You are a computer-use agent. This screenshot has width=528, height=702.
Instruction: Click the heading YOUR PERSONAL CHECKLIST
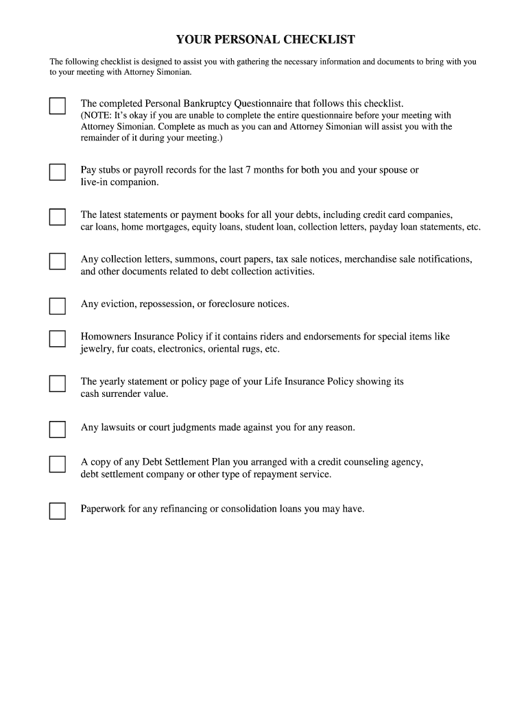point(265,39)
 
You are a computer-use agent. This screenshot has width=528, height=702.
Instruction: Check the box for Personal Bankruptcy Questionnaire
point(57,106)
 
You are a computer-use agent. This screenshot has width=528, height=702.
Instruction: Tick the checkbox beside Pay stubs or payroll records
point(57,171)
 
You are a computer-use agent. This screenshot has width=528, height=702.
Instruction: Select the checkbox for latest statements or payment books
point(57,217)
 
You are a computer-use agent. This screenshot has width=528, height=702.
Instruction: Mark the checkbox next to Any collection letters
point(57,261)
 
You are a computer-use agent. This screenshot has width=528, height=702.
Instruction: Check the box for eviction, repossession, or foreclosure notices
point(57,306)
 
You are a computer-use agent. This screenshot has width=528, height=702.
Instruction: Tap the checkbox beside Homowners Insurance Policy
point(57,339)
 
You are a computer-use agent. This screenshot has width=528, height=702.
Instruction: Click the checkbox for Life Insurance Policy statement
point(57,383)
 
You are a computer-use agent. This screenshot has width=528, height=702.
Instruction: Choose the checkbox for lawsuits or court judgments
point(57,429)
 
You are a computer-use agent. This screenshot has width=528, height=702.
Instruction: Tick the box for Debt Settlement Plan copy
point(57,464)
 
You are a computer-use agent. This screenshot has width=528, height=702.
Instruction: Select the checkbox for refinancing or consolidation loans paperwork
point(57,511)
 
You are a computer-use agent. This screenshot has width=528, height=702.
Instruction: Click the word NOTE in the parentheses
point(97,116)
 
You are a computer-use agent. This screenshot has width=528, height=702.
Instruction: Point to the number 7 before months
point(248,170)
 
